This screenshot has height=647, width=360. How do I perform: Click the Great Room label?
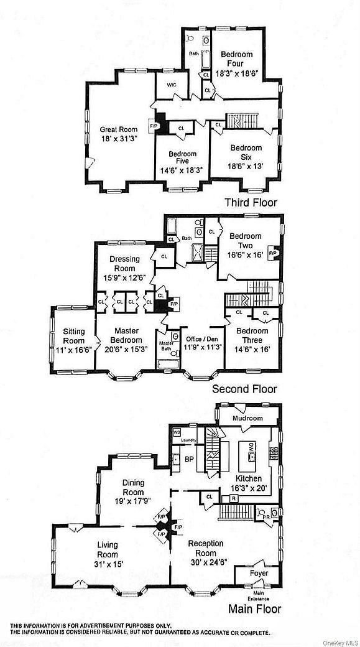pos(118,129)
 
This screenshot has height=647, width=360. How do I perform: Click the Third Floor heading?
pos(251,202)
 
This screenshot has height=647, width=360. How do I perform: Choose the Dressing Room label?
pos(124,264)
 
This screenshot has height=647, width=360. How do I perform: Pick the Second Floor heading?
pos(244,389)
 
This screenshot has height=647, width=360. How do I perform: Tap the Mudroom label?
pos(248,418)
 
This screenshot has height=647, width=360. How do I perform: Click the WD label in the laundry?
pos(176,431)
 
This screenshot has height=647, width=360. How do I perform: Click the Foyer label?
pos(259,572)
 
